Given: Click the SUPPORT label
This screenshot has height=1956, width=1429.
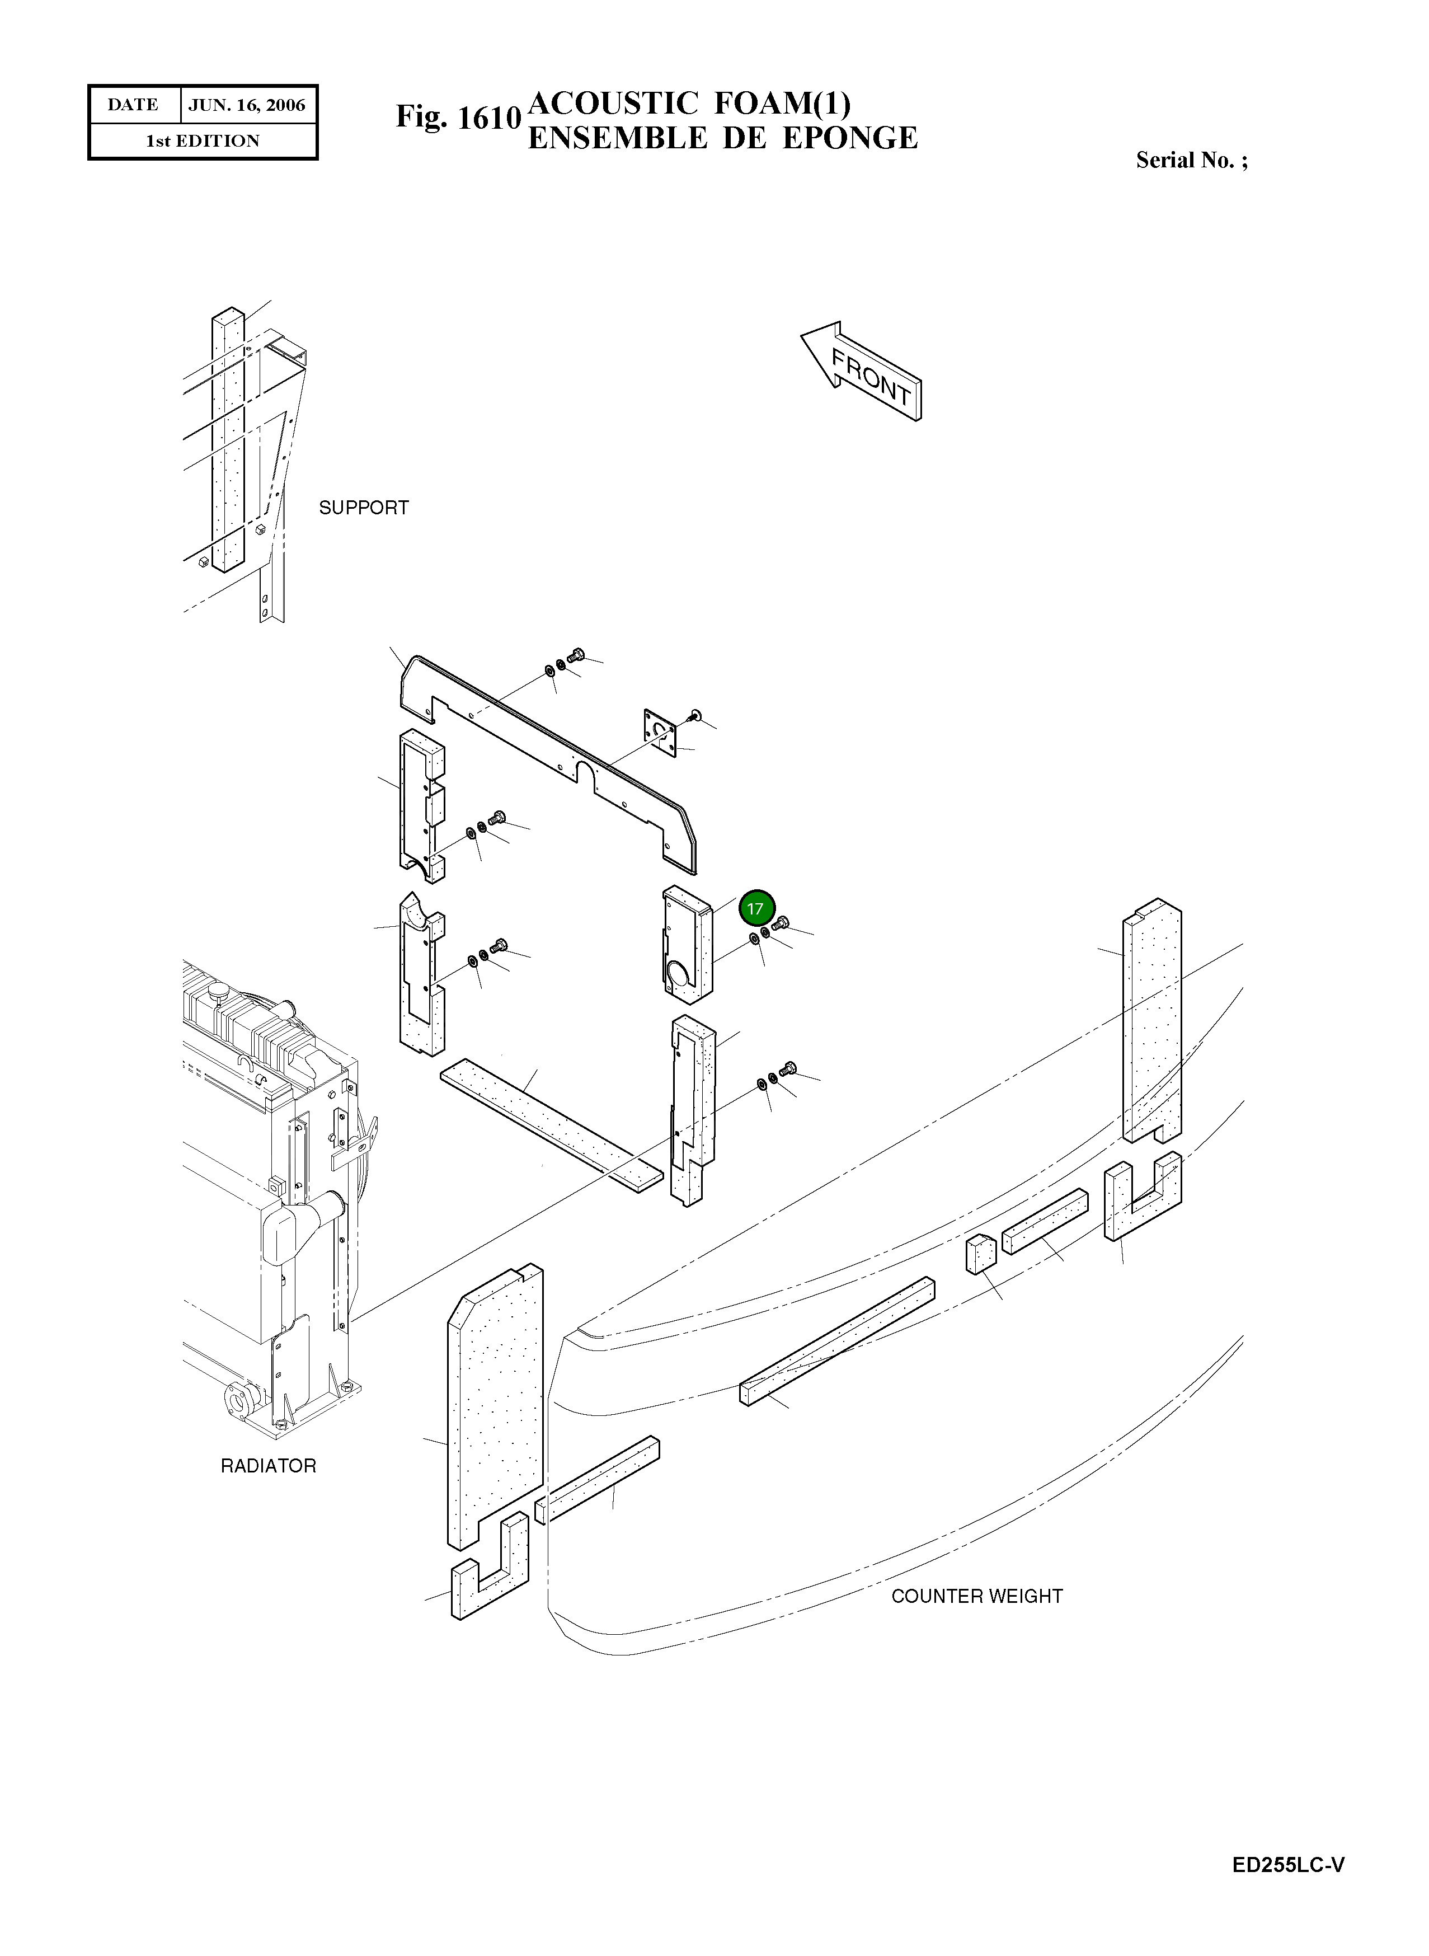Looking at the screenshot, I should [363, 508].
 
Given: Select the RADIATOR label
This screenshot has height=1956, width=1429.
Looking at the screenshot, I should [268, 1466].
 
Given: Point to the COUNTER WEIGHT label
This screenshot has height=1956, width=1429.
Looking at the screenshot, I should [976, 1596].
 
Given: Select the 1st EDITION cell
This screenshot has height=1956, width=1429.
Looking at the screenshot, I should [203, 141].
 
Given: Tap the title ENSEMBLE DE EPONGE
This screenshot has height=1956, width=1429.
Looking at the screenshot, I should [722, 138].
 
